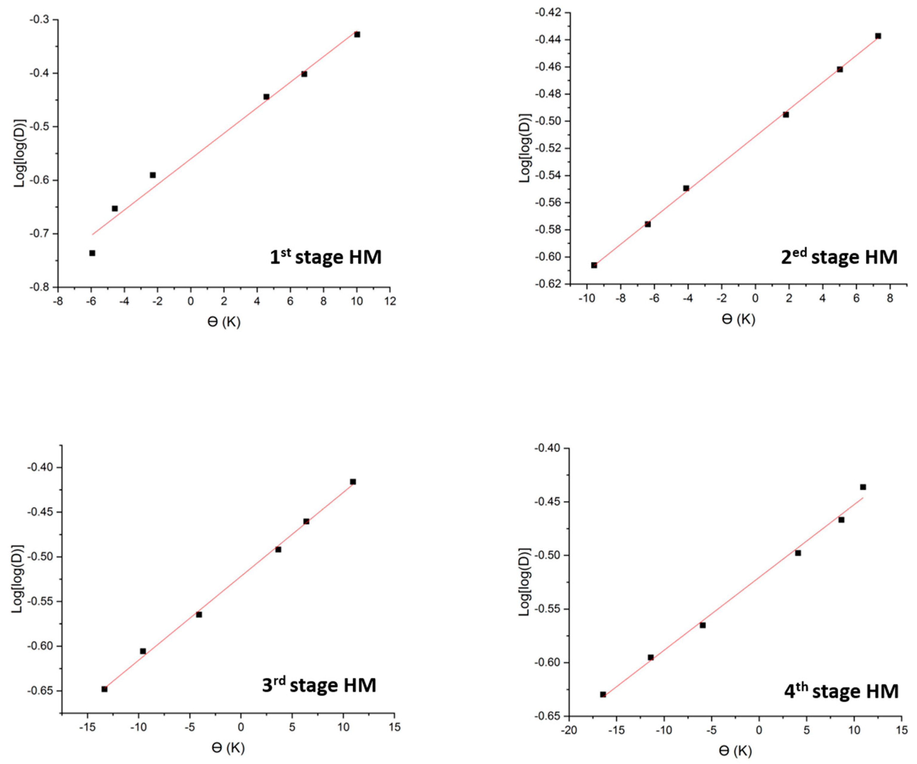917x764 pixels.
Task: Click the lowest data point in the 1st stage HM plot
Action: (x=92, y=253)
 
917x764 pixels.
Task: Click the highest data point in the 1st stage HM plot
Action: (x=357, y=34)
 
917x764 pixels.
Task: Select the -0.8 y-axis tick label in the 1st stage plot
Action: (x=39, y=287)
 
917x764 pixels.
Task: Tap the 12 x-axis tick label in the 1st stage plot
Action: (x=390, y=301)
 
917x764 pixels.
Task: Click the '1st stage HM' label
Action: (x=326, y=257)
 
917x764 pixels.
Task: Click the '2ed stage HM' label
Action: (x=839, y=257)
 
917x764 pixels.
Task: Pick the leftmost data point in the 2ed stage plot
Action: (x=594, y=265)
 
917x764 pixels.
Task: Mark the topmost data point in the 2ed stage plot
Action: (x=878, y=36)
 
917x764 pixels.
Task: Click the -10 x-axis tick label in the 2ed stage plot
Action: (x=587, y=298)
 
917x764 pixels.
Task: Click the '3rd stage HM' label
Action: (x=319, y=685)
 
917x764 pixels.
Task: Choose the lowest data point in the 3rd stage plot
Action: (x=104, y=689)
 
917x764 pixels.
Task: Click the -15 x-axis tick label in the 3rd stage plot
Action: (x=87, y=727)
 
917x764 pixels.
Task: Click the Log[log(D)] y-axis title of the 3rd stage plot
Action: (x=17, y=579)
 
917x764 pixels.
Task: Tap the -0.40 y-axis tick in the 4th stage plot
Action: (x=546, y=448)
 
